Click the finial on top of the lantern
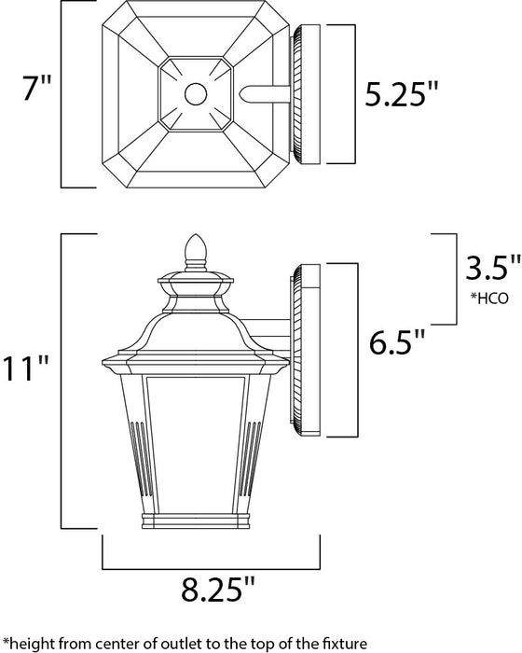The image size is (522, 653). click(197, 249)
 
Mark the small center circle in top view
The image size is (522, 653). click(196, 93)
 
